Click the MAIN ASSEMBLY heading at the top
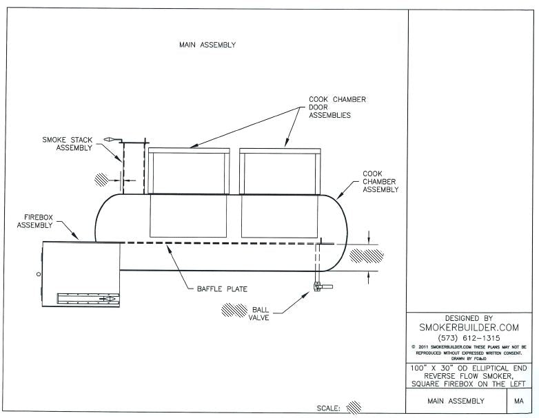[x=207, y=45]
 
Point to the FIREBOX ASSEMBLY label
[x=34, y=220]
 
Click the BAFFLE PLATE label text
[x=217, y=289]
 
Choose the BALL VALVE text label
[x=260, y=313]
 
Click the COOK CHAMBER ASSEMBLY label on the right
[x=380, y=182]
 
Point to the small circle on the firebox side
[x=39, y=274]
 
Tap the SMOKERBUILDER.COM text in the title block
[x=469, y=328]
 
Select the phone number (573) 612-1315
[x=469, y=338]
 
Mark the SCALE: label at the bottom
[x=328, y=408]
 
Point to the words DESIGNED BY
[x=469, y=318]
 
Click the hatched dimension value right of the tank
[x=366, y=256]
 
